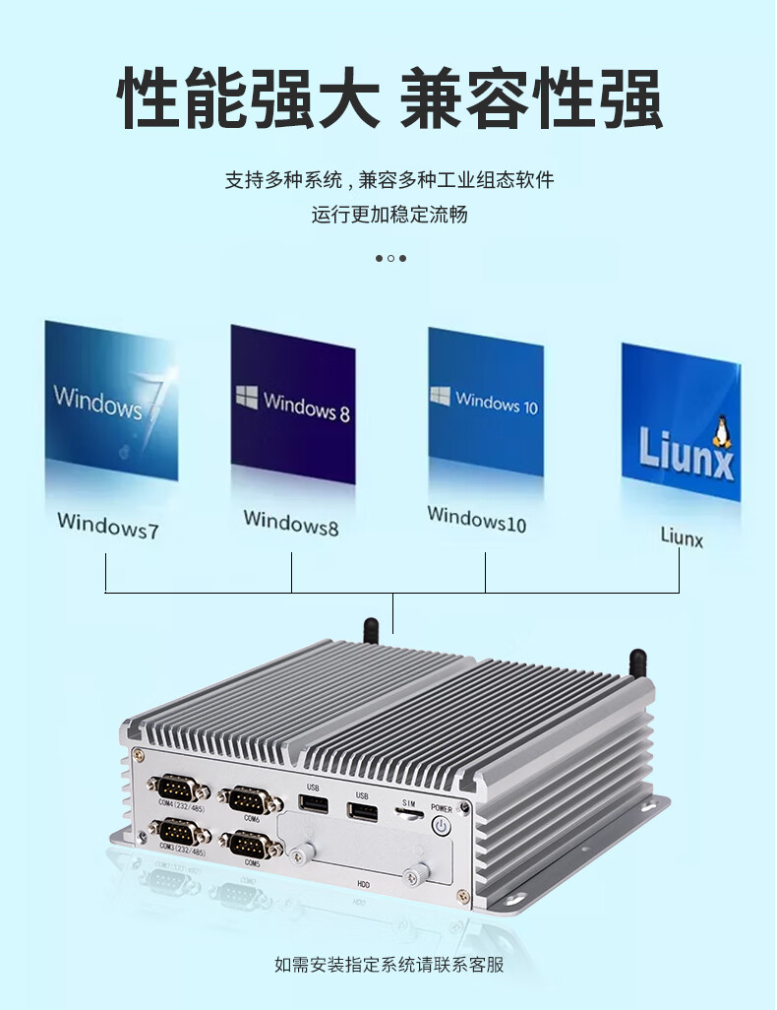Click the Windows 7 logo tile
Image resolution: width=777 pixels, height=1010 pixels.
tap(111, 399)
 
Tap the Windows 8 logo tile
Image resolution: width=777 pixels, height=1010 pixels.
tap(292, 403)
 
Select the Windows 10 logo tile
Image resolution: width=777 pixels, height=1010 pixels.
tap(485, 401)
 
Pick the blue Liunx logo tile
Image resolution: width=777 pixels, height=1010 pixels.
tap(680, 420)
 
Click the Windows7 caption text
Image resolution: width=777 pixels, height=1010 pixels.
tap(107, 524)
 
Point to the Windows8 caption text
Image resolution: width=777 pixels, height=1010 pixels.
tap(291, 522)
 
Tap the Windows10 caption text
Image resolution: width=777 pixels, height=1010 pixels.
tap(476, 518)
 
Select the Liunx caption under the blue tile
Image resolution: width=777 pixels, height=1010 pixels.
tap(682, 537)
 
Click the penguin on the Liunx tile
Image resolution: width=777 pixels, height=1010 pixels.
tap(723, 431)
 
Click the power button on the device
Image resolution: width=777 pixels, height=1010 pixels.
tap(442, 825)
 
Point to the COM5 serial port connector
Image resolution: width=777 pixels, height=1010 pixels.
tap(252, 845)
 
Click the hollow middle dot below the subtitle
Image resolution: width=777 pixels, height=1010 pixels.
tap(390, 258)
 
